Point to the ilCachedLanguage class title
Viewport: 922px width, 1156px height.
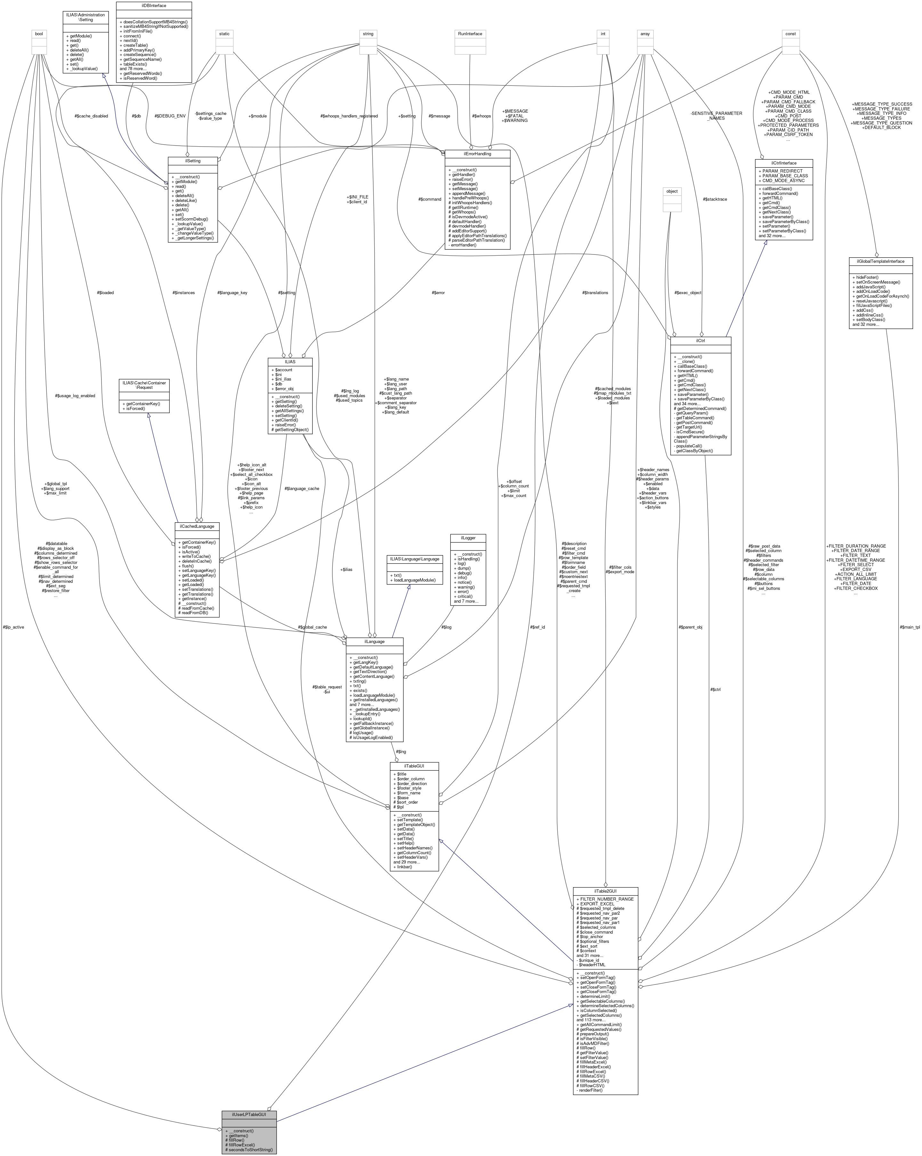click(x=197, y=526)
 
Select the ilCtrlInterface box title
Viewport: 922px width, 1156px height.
click(x=784, y=163)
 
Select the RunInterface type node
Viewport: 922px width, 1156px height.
click(x=470, y=34)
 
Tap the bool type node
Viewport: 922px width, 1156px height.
click(x=39, y=34)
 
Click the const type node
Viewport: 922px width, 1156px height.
click(x=791, y=34)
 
